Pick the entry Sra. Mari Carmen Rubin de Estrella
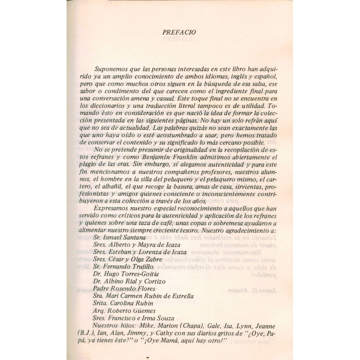tap(143, 296)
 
